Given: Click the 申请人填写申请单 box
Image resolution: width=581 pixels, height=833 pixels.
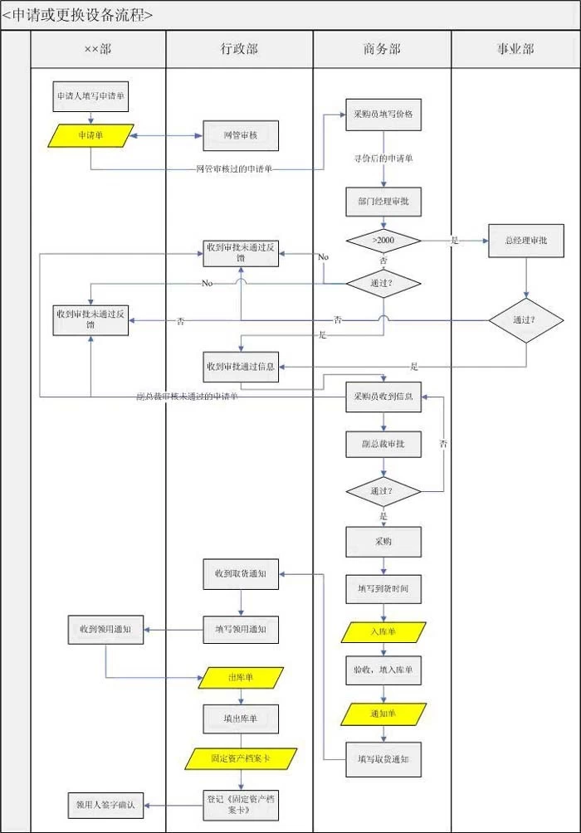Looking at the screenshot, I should point(90,96).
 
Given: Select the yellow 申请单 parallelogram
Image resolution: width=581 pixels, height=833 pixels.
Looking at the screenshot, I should point(90,135).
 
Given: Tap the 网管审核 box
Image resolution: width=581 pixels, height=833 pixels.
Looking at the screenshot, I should point(241,135).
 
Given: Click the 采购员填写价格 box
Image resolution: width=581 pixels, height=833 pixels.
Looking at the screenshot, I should point(383,114).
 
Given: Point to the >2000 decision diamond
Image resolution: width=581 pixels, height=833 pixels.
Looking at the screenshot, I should point(383,241).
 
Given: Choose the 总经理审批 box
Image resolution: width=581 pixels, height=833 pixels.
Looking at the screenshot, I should point(525,241).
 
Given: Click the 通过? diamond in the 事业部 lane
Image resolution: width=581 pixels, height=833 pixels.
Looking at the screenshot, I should point(525,320).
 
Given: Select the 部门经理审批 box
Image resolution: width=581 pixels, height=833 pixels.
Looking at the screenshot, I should point(383,202).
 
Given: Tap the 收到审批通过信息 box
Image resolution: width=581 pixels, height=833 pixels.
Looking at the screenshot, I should point(241,366).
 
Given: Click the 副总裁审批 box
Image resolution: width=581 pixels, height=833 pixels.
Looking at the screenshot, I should point(383,444).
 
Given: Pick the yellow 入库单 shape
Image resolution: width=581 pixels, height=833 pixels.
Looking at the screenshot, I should point(383,632).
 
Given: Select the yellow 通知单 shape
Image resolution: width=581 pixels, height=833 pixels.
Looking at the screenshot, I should point(383,714).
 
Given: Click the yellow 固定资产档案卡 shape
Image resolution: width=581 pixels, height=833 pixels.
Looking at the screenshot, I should point(241,757).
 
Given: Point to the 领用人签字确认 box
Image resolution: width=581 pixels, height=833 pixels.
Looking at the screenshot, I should point(105,805).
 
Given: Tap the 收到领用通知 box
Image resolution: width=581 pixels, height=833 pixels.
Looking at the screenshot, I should point(105,630).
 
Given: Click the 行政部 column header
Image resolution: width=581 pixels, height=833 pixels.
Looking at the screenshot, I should point(239,50).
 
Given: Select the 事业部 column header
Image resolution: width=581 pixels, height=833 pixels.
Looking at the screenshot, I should point(515,50).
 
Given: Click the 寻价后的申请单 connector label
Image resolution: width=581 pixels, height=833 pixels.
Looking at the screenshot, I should point(383,158).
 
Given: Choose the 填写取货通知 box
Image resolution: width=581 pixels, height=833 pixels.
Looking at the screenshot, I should point(383,759).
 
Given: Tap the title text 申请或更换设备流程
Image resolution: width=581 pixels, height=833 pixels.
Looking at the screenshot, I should point(79,15).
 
